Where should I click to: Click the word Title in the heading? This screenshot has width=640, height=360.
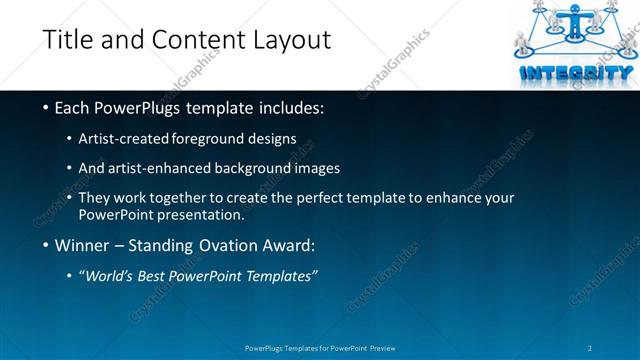[67, 41]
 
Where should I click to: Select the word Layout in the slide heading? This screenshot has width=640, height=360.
[290, 41]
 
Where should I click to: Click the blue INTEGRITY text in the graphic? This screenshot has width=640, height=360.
[576, 72]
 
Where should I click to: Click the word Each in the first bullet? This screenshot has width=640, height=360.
[73, 108]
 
